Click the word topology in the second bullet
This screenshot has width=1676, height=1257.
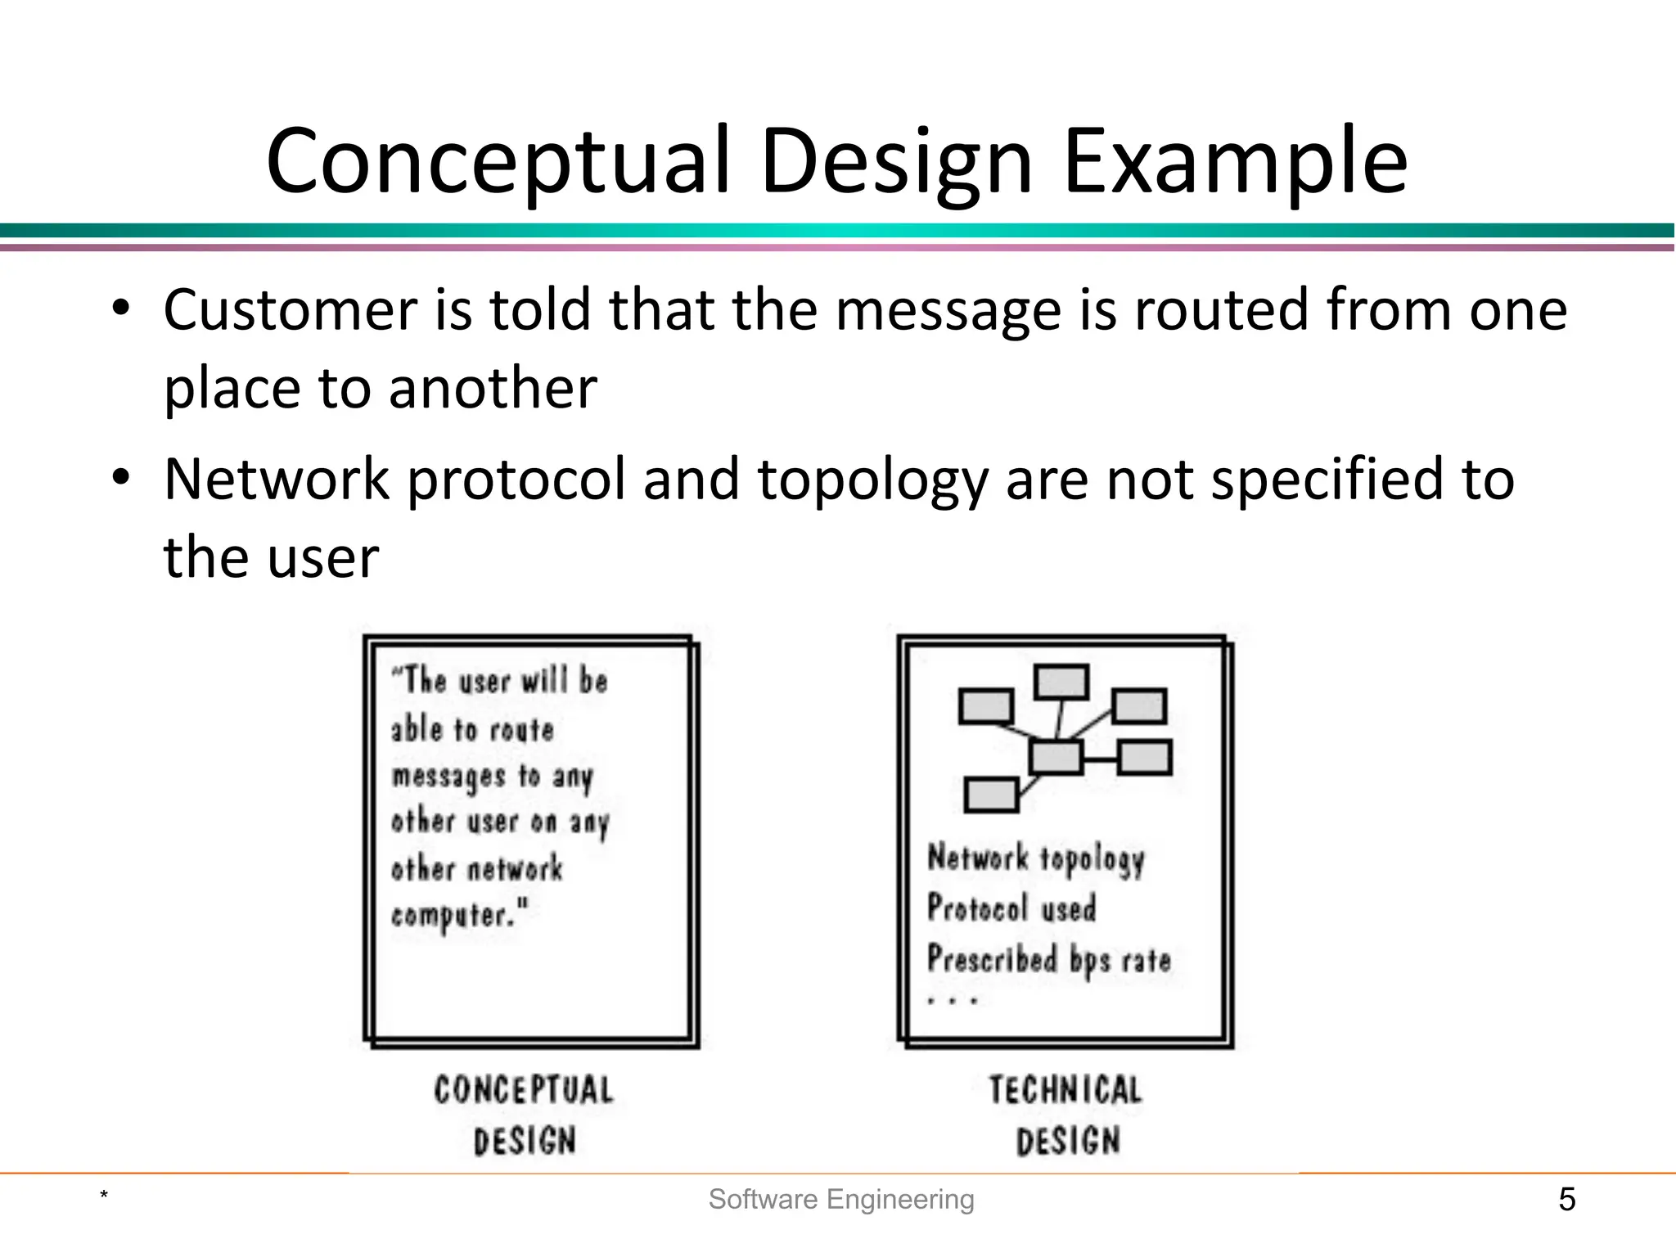(x=873, y=480)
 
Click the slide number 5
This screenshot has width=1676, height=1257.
(x=1566, y=1200)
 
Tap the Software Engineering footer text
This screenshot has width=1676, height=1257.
(x=841, y=1200)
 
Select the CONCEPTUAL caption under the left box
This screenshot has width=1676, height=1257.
(x=524, y=1090)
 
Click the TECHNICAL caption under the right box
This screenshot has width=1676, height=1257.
(x=1066, y=1090)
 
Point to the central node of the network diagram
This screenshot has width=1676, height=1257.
(x=1056, y=757)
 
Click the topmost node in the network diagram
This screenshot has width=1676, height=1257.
(x=1061, y=682)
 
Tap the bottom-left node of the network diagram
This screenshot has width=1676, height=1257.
(x=991, y=794)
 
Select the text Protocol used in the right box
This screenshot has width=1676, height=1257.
(x=1011, y=908)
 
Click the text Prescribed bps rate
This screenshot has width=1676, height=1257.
(x=1049, y=959)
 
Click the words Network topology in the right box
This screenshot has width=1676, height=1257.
(x=1036, y=858)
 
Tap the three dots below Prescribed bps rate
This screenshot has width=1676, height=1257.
(x=952, y=1000)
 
